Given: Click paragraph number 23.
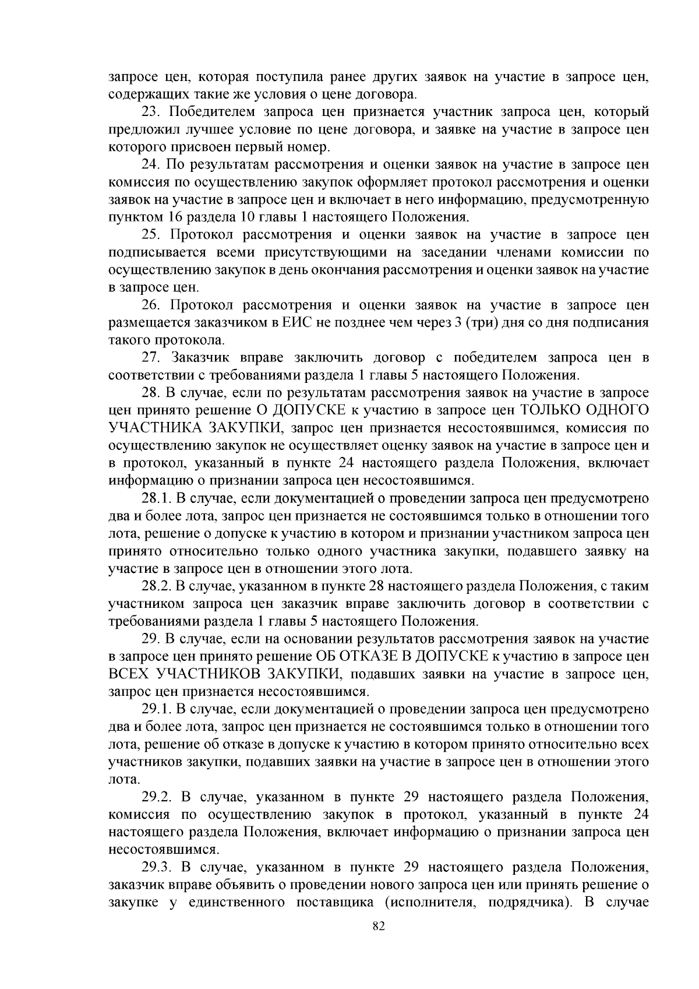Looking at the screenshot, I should click(153, 111).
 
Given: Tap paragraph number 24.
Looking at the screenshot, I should click(153, 164).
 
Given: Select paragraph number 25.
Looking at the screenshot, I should click(153, 234).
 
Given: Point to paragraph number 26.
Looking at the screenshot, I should click(153, 305).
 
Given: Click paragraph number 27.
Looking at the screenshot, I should click(153, 357).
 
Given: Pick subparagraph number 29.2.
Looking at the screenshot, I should click(157, 797).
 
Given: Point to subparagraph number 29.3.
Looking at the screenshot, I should click(157, 867).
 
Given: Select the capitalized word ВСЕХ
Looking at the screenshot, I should click(129, 674).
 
